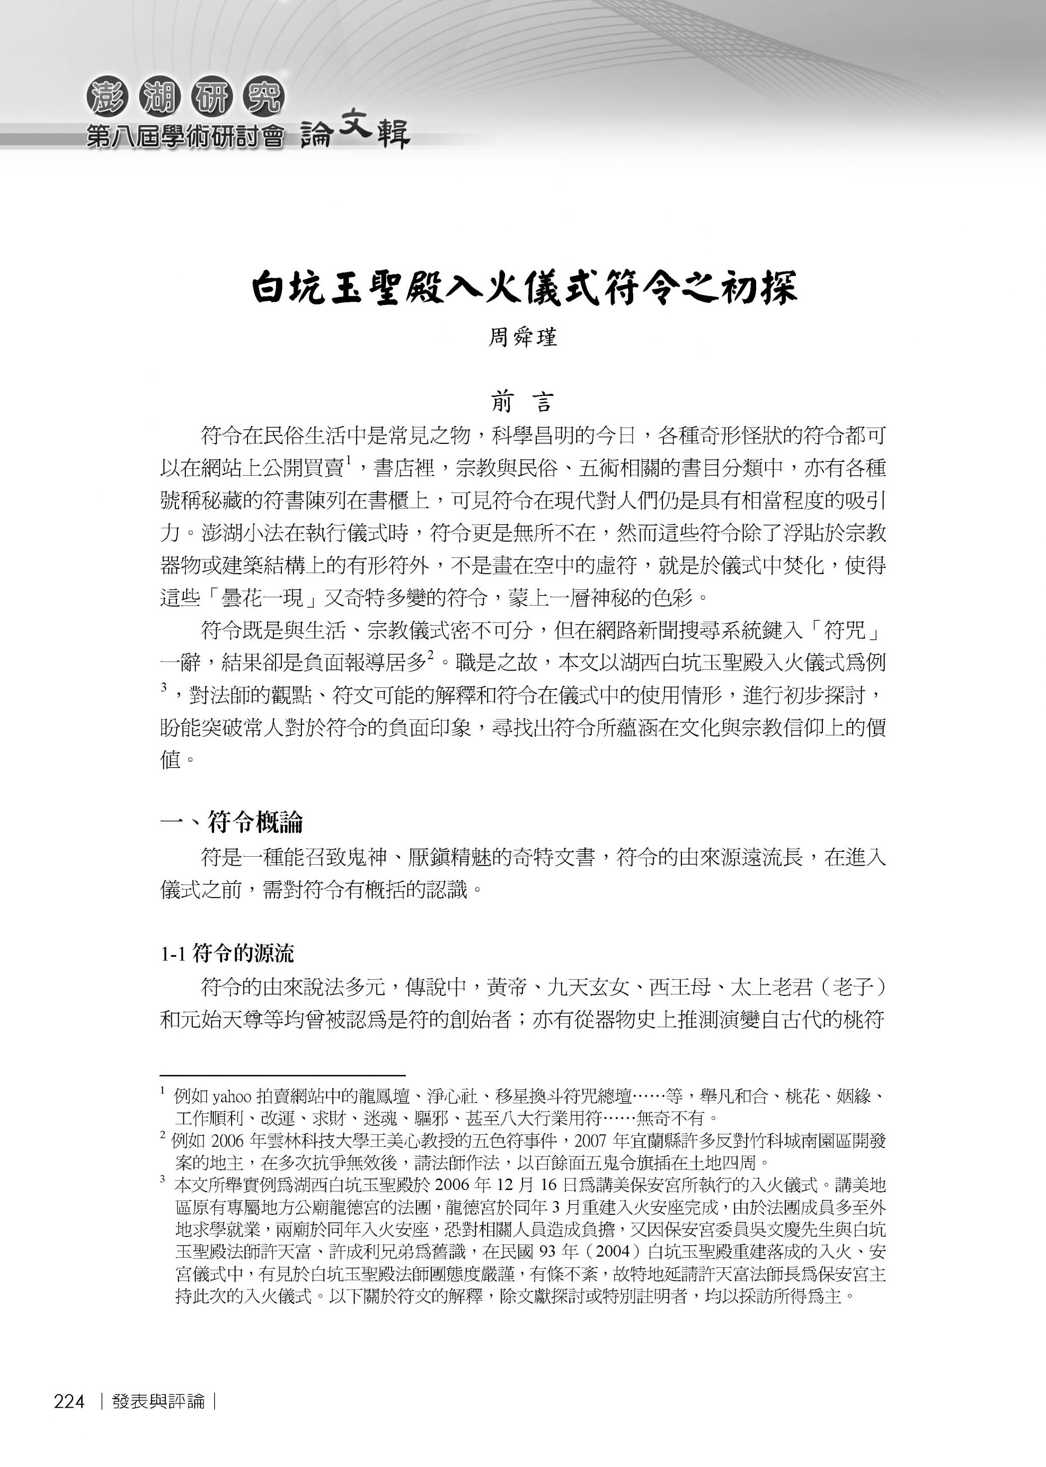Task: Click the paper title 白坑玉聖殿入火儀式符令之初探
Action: pos(523,287)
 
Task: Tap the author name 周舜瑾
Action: pos(523,337)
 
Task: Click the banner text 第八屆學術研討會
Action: pos(185,136)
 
